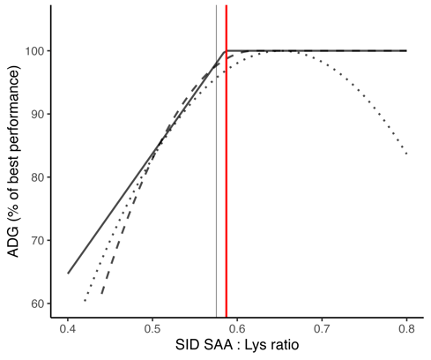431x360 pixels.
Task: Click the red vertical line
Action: tap(227, 176)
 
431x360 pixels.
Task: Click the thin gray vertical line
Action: tap(216, 176)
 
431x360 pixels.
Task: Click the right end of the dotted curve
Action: tap(406, 154)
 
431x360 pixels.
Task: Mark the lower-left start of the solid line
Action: tap(68, 273)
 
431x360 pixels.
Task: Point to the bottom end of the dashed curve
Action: tap(102, 294)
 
